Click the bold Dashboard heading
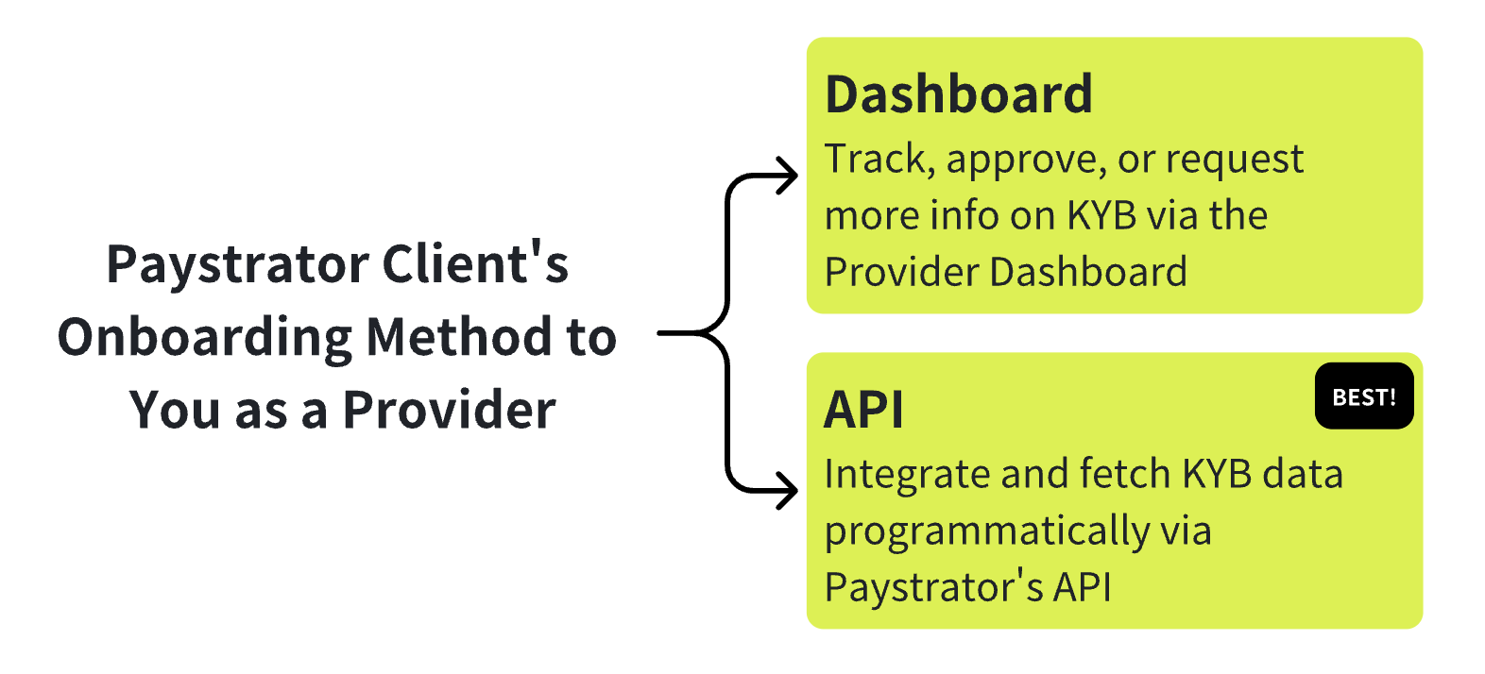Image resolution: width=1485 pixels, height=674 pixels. (x=958, y=94)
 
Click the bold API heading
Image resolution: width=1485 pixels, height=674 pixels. (x=863, y=410)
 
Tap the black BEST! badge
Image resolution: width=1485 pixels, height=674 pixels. (x=1364, y=396)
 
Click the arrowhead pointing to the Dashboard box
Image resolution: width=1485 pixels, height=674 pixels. (x=787, y=176)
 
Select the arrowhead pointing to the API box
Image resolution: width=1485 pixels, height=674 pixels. (x=787, y=491)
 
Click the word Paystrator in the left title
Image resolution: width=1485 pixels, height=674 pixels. (x=237, y=266)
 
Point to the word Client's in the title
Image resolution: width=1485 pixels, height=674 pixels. (x=475, y=263)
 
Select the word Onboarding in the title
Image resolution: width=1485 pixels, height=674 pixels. (x=204, y=338)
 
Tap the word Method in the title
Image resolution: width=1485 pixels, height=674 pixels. (x=459, y=336)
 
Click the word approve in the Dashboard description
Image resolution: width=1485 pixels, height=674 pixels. (x=1026, y=161)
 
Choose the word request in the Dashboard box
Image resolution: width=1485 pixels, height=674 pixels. (x=1235, y=161)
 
